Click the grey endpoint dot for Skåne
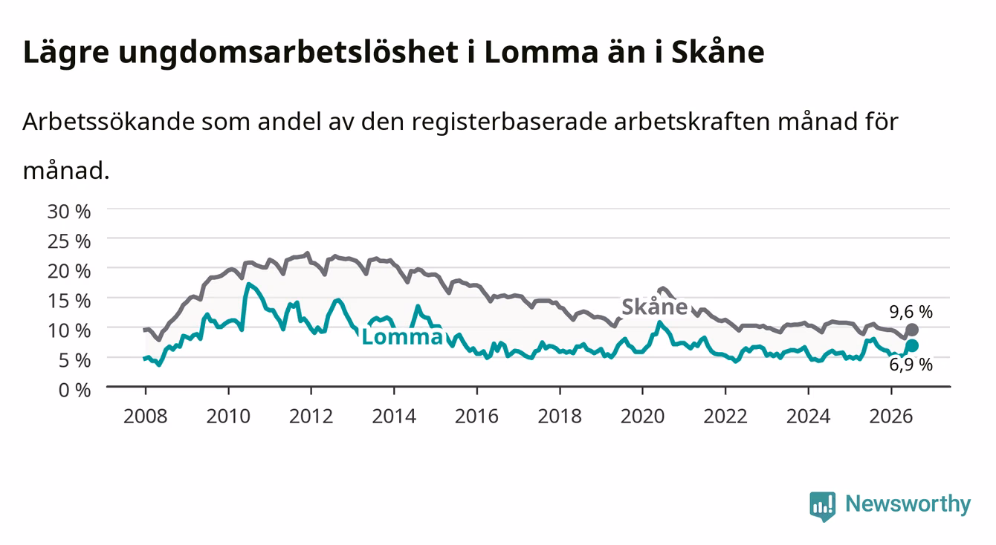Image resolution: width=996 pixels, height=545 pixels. (x=912, y=330)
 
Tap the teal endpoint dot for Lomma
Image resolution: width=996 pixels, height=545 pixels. (x=912, y=345)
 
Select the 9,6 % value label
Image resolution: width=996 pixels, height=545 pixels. (x=911, y=312)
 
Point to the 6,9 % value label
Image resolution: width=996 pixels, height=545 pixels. (x=911, y=365)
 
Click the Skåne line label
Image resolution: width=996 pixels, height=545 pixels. (x=655, y=307)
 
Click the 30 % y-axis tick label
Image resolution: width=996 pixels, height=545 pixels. (x=69, y=212)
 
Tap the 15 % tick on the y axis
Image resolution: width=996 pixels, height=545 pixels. (x=69, y=301)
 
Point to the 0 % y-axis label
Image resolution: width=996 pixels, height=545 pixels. (x=74, y=390)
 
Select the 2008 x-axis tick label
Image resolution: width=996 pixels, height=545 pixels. (x=146, y=417)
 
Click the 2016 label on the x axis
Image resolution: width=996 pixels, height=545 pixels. (x=476, y=417)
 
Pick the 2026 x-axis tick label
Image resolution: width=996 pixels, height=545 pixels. (x=891, y=417)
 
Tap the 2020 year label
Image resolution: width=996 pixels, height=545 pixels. (x=642, y=417)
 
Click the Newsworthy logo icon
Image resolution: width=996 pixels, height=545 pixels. (x=823, y=506)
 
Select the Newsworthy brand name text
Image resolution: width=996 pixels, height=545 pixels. (x=908, y=504)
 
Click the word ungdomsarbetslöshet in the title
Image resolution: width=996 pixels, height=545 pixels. (x=288, y=53)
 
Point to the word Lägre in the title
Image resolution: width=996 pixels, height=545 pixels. (x=66, y=53)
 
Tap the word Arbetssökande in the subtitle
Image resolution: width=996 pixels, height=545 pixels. (x=109, y=121)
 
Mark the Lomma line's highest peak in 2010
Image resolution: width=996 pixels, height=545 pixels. (x=248, y=284)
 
